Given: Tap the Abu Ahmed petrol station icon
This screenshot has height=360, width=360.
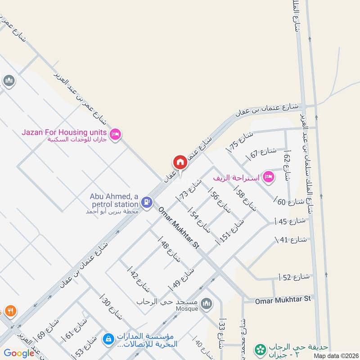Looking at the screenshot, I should [146, 202].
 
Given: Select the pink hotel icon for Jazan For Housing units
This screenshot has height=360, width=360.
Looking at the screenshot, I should [115, 134].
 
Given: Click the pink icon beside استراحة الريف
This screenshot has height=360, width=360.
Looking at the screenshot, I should [269, 177].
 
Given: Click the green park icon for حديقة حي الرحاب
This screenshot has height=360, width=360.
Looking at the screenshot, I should [260, 349].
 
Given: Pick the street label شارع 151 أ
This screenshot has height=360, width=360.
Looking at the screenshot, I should [230, 231].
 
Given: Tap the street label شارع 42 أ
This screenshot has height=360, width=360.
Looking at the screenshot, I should [139, 279].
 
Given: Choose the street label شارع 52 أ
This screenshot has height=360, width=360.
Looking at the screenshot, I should [295, 278].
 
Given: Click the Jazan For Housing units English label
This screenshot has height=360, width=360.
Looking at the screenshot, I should [64, 132].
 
